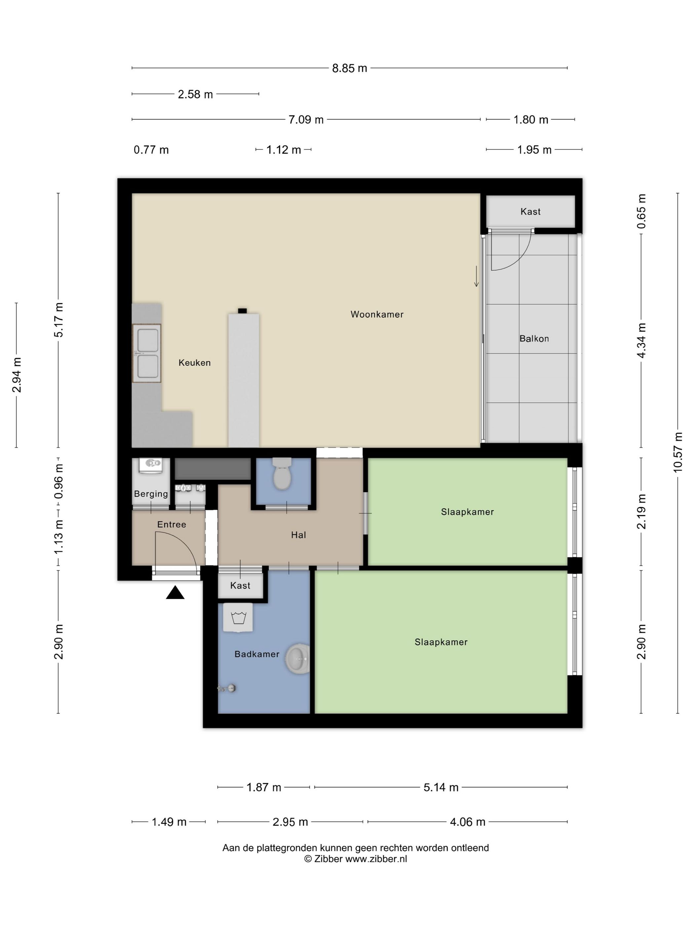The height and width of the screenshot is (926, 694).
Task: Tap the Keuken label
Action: [195, 362]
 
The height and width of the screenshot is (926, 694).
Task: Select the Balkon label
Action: [534, 338]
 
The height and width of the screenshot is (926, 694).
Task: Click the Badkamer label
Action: [256, 654]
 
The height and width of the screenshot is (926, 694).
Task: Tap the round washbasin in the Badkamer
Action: [297, 659]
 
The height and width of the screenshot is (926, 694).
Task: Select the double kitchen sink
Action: [147, 353]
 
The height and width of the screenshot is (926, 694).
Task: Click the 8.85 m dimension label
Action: [349, 68]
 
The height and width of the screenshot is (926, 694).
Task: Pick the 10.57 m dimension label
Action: [678, 452]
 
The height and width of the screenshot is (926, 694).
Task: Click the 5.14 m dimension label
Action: [441, 787]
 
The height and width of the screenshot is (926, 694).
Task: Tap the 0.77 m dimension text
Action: [151, 149]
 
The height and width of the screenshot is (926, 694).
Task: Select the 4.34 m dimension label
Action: [641, 340]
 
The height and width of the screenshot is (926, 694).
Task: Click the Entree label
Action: [172, 524]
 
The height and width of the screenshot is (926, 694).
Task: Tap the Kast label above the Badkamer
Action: [240, 585]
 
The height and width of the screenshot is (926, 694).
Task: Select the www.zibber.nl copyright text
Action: [355, 859]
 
